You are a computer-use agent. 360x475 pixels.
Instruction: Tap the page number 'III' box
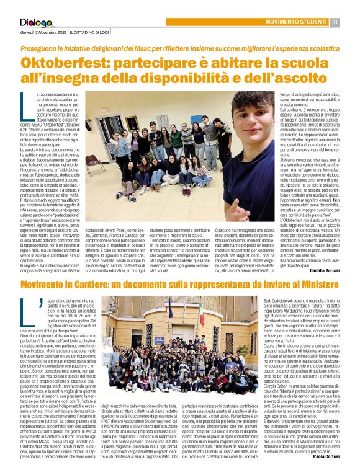[x=335, y=22]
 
